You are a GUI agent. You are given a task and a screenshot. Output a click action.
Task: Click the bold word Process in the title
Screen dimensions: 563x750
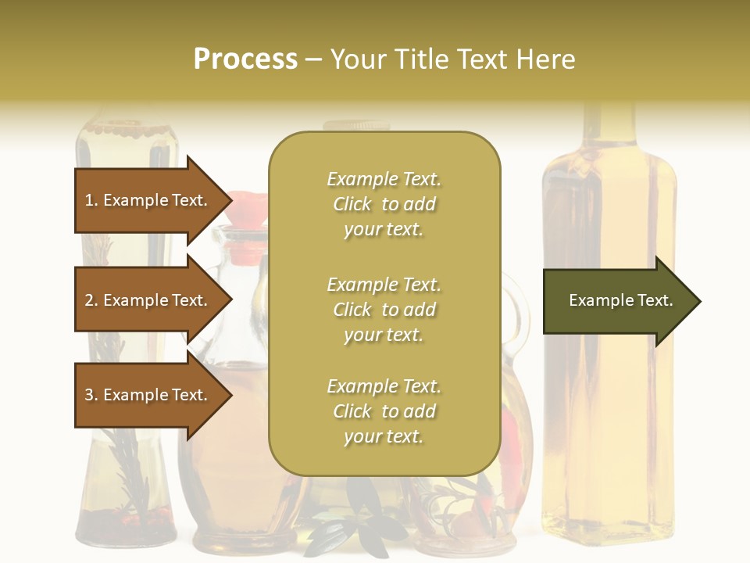pyautogui.click(x=245, y=59)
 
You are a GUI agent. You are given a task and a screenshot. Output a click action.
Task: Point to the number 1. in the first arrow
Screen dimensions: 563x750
pyautogui.click(x=91, y=200)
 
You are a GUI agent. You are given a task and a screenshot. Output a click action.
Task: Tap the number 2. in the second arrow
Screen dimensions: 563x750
pyautogui.click(x=91, y=300)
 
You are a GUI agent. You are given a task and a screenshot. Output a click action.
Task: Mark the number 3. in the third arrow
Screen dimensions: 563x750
pyautogui.click(x=91, y=395)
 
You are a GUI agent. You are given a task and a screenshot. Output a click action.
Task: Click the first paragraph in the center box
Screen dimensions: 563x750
pyautogui.click(x=384, y=204)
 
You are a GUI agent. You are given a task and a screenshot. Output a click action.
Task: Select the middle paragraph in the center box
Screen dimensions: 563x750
pyautogui.click(x=384, y=310)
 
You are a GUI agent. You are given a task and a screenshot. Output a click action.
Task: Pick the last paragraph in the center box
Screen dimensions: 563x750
pyautogui.click(x=384, y=411)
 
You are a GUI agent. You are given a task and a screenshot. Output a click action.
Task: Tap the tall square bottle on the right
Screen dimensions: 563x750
pyautogui.click(x=609, y=438)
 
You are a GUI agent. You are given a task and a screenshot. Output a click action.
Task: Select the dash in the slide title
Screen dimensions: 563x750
pyautogui.click(x=314, y=59)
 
